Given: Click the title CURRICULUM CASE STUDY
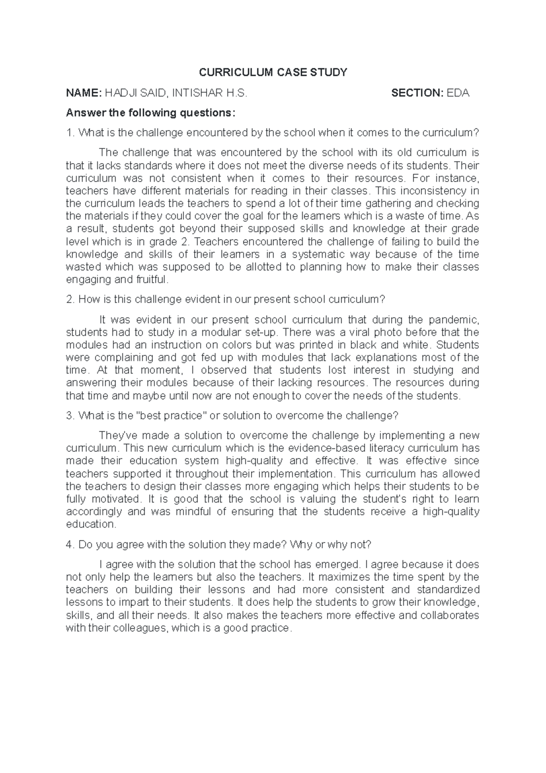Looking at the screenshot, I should click(273, 72).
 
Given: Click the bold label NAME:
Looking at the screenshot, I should click(84, 93).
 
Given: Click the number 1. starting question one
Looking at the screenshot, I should click(70, 132).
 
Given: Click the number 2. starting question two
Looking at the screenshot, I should click(70, 300).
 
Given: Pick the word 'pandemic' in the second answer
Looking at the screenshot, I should click(452, 319).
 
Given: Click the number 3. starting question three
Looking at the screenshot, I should click(70, 416).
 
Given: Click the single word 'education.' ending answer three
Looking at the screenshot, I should click(91, 524).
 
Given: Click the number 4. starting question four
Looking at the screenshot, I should click(70, 544).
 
